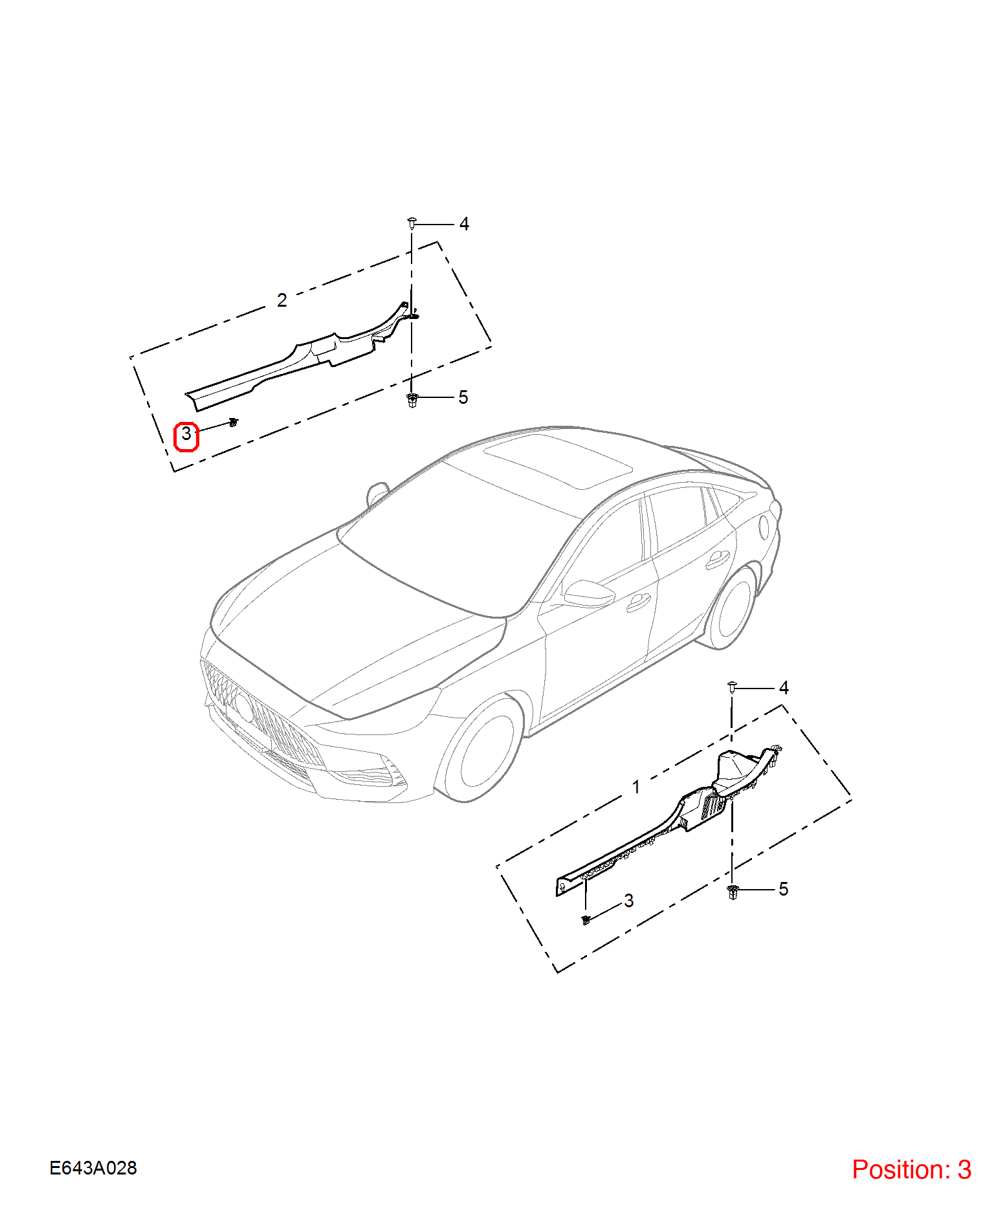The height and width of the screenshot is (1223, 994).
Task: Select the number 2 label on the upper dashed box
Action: coord(282,300)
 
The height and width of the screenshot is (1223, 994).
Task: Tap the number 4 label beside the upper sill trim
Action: coord(464,224)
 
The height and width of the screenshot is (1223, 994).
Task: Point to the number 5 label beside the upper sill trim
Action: coord(463,397)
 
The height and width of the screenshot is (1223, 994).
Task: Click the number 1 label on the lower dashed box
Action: coord(636,787)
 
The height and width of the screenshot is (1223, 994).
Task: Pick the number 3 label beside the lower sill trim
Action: coord(629,901)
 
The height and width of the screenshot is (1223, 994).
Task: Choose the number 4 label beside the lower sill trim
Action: coord(784,688)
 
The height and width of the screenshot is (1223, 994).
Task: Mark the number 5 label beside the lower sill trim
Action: coord(784,889)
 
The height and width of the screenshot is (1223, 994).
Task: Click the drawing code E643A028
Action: coord(93,1168)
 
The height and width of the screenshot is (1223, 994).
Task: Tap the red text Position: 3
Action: coord(911,1170)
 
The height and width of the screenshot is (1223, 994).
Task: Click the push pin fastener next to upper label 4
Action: coord(412,224)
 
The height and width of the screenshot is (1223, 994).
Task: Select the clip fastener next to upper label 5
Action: coord(412,400)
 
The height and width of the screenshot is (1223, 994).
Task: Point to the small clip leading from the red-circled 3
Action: coord(234,423)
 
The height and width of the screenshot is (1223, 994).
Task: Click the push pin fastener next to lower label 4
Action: coord(732,687)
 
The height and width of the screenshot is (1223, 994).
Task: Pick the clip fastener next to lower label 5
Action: coord(733,892)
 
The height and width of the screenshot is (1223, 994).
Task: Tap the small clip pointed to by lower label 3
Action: coord(586,920)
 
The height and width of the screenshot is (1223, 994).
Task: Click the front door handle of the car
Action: coord(639,602)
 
